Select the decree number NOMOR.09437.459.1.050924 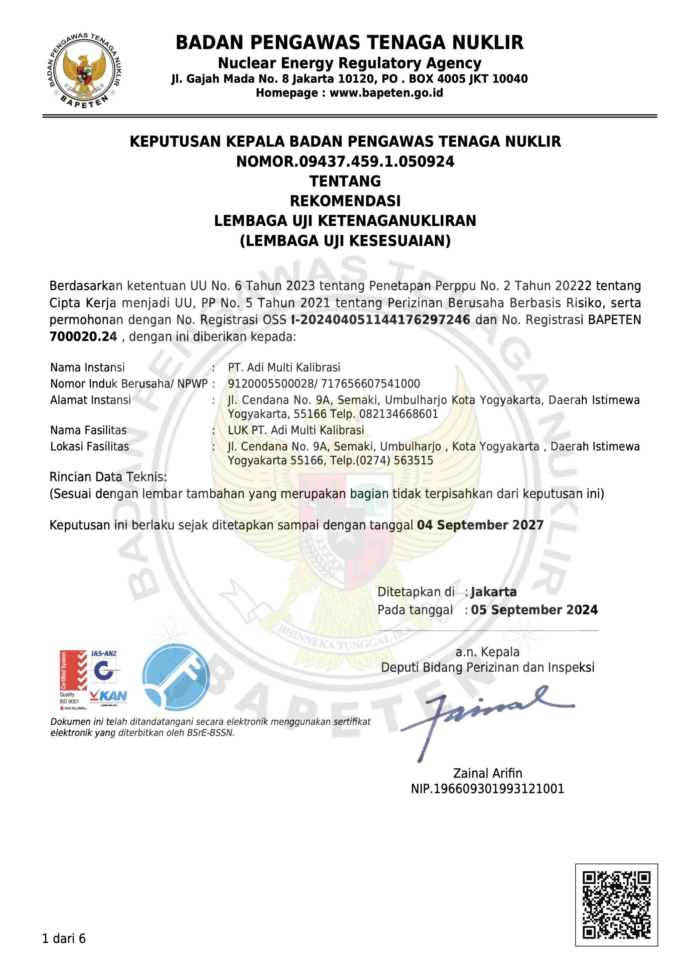(345, 162)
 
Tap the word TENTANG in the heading (345, 181)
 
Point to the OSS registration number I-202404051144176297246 (381, 319)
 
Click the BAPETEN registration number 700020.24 (84, 337)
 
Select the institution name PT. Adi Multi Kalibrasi (284, 367)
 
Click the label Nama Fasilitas (89, 430)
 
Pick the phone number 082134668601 (399, 414)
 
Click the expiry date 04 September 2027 (480, 525)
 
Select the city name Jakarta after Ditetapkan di (494, 592)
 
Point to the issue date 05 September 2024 (534, 610)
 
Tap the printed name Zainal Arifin (488, 773)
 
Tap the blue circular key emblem (176, 678)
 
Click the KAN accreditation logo (108, 696)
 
